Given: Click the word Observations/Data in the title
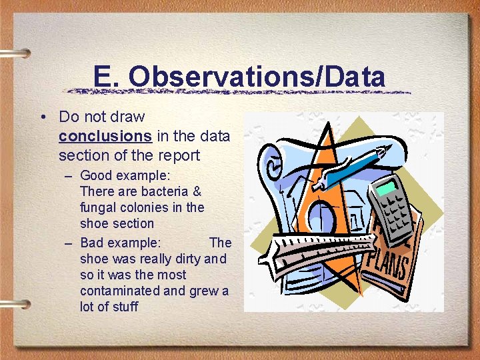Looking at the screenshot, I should pyautogui.click(x=257, y=77).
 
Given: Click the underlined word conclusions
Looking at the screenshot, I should pyautogui.click(x=105, y=136).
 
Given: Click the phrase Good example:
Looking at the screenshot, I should pyautogui.click(x=125, y=175).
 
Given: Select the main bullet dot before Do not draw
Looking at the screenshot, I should pyautogui.click(x=43, y=117).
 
